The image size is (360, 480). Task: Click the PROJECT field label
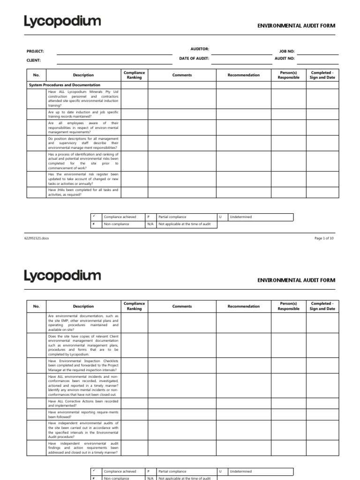tap(35, 51)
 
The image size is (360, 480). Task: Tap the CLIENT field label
tap(34, 60)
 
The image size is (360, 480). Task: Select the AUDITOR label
tap(200, 49)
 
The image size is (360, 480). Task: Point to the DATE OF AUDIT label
tap(194, 58)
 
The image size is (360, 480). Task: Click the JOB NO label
tap(287, 51)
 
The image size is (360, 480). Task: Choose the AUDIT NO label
tap(285, 59)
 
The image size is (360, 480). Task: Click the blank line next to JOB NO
tap(316, 53)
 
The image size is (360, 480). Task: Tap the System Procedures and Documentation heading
tap(65, 85)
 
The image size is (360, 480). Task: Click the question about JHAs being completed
tap(83, 192)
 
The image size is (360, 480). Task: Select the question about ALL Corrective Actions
tap(83, 403)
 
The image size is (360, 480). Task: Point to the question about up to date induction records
tap(83, 114)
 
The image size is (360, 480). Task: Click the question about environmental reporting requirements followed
tap(83, 414)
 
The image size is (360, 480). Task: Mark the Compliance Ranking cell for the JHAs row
tap(134, 192)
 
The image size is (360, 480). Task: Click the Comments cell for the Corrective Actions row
tap(182, 403)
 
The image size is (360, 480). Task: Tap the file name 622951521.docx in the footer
tap(37, 238)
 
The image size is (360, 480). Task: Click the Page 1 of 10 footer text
tap(324, 238)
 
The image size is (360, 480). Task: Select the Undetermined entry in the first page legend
tap(240, 217)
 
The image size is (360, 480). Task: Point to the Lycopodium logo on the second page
tap(62, 275)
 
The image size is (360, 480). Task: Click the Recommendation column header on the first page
tap(243, 75)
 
